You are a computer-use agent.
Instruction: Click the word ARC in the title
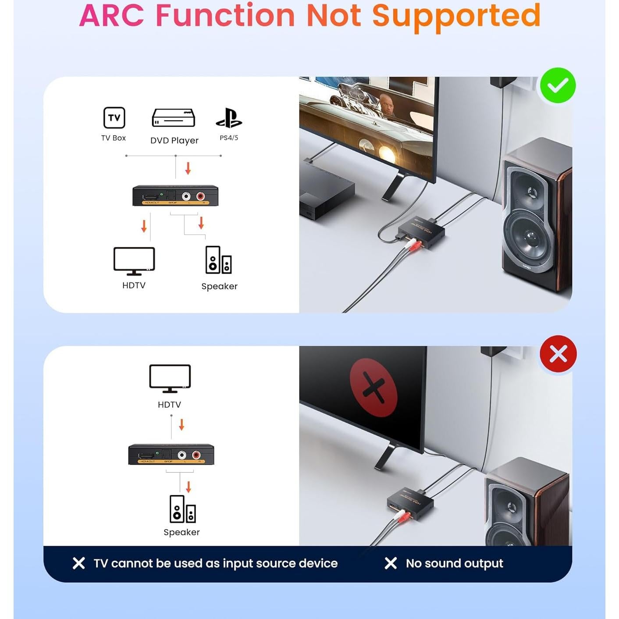point(111,16)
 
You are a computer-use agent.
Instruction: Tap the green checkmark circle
point(558,85)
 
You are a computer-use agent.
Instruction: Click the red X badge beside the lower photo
point(558,354)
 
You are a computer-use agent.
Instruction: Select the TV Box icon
point(114,117)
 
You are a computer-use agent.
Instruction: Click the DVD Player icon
point(174,118)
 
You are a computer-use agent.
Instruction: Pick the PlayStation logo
point(229,118)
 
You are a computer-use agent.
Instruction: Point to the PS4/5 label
point(229,138)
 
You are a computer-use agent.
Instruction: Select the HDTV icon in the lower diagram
point(170,378)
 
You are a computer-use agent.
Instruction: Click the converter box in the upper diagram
point(175,196)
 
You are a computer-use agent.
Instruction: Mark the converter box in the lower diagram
point(171,455)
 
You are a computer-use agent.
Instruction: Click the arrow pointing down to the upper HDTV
point(144,226)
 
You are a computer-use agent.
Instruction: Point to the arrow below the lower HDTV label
point(181,424)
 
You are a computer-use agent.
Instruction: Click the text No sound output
point(454,563)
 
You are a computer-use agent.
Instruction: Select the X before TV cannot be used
point(79,563)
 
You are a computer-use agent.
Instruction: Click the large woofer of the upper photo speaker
point(529,237)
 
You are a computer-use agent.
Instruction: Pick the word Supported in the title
point(456,16)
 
